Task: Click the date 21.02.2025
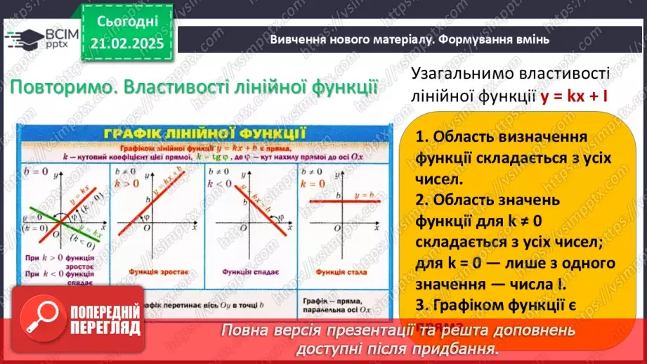pyautogui.click(x=126, y=43)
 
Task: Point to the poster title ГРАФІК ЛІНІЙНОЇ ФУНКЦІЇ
pyautogui.click(x=203, y=134)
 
